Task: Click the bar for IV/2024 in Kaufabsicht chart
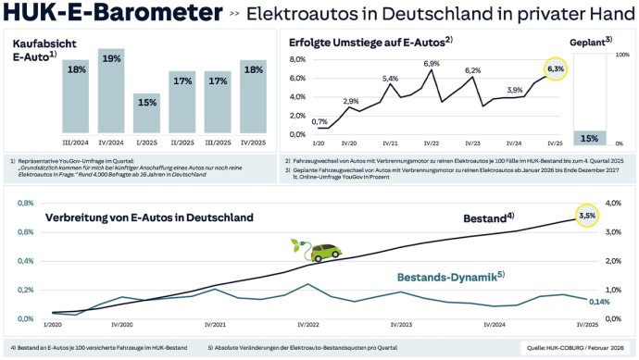[111, 93]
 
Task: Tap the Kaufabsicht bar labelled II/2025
[182, 103]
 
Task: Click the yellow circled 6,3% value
[555, 68]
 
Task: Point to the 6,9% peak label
[432, 63]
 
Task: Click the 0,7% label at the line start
[319, 122]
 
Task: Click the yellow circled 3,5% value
[587, 215]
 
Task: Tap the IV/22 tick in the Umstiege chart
[432, 143]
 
